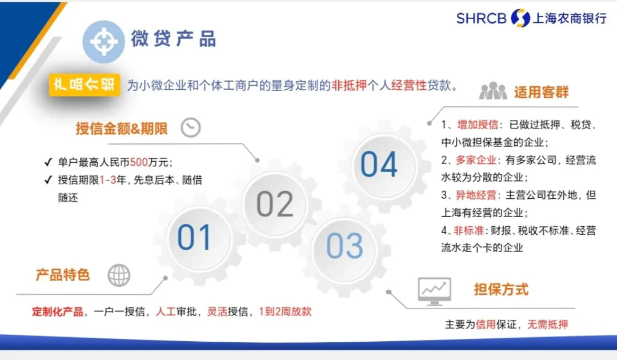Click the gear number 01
pos(194,237)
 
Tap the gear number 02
pos(275,204)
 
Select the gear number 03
pos(344,246)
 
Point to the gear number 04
pos(379,165)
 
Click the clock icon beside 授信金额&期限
pos(191,127)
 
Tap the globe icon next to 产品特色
pos(119,275)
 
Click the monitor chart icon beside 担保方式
pos(434,290)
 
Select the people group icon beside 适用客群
pos(492,91)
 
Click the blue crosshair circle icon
pos(103,41)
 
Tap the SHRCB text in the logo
pos(481,18)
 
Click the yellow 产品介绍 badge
pos(84,85)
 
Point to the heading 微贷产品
pos(173,39)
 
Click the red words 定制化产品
pos(59,312)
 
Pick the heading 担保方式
pos(501,289)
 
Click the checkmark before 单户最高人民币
pos(49,162)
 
